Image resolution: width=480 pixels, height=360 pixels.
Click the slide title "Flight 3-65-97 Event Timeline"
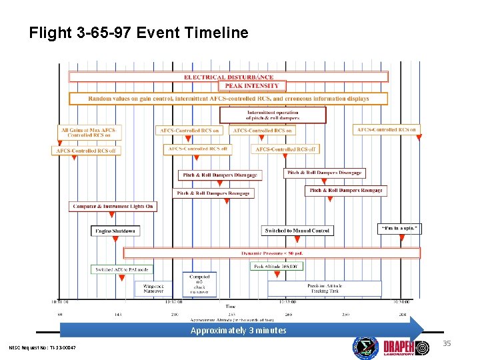(139, 33)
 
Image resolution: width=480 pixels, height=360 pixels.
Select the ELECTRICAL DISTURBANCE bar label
(229, 77)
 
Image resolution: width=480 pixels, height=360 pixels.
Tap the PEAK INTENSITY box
(252, 86)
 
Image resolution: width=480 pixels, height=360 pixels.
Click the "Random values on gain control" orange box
(228, 98)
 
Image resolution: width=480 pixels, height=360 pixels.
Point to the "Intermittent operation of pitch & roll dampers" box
(273, 115)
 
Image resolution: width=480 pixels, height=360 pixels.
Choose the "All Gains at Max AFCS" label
(87, 132)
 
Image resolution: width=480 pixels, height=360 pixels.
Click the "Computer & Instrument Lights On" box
(113, 207)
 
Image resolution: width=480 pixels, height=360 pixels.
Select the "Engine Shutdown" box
(115, 231)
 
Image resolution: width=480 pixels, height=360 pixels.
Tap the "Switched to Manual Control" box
(297, 231)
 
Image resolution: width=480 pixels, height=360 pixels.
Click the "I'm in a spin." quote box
(400, 228)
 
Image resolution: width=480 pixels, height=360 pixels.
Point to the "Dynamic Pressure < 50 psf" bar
(272, 253)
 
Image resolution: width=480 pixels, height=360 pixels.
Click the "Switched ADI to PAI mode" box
(122, 269)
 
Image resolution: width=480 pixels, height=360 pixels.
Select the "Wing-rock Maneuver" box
(153, 288)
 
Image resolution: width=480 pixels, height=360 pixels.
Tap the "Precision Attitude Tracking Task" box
(325, 288)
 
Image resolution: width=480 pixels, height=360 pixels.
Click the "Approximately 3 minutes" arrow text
(238, 331)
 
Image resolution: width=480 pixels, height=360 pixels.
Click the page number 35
(447, 344)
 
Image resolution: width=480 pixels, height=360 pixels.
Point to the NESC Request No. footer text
(43, 348)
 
